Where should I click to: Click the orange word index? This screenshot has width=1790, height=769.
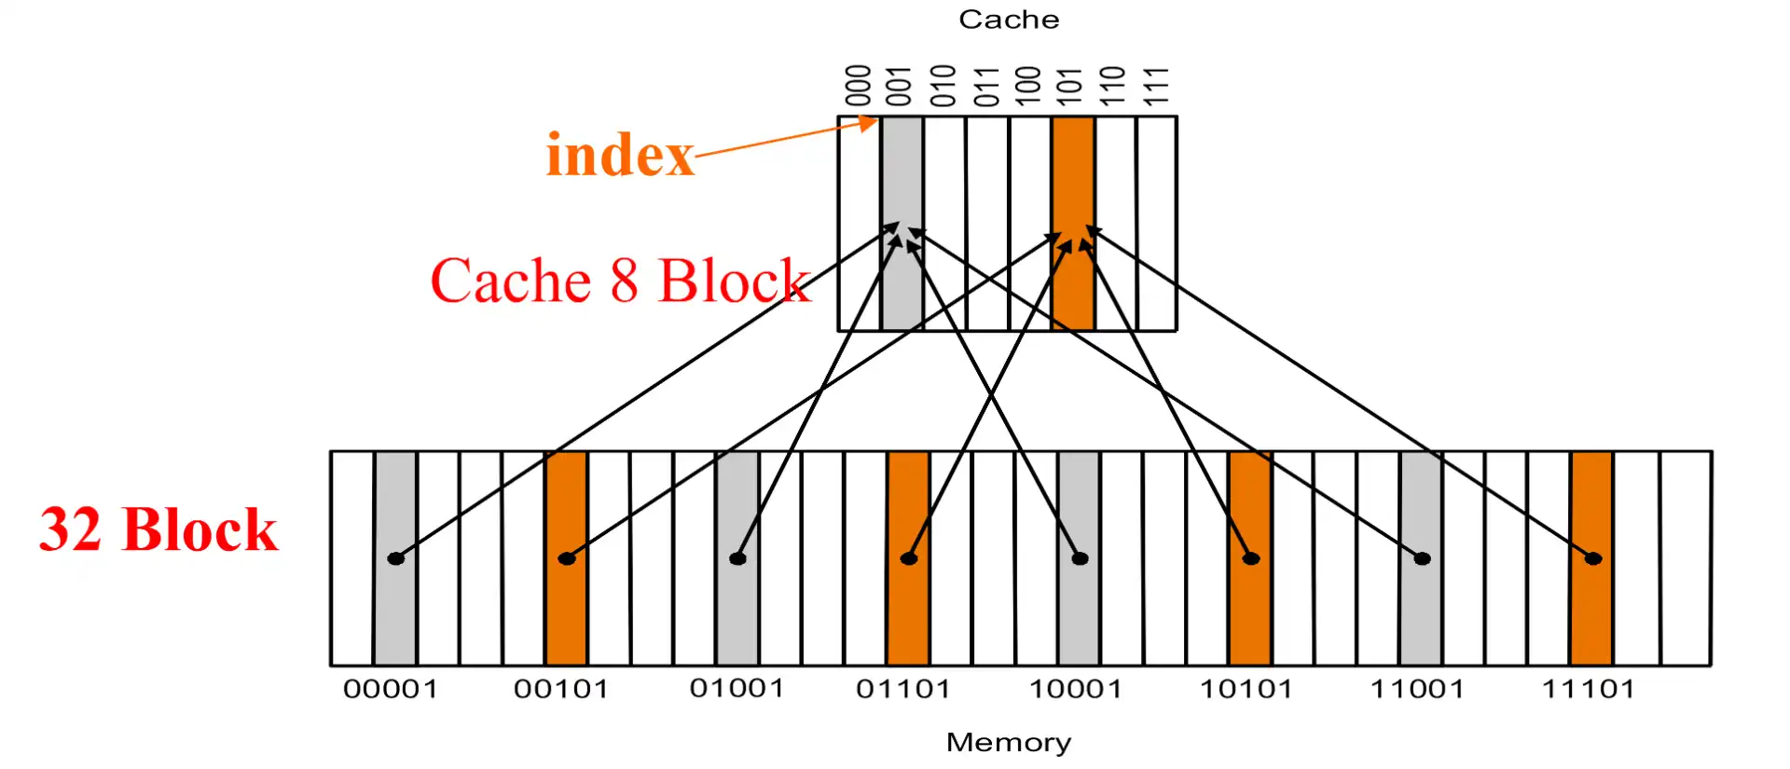coord(620,155)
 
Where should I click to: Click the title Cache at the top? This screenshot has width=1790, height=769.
coord(1009,20)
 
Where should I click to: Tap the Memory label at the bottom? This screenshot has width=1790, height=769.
coord(1009,742)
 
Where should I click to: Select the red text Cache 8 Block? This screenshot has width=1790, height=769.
coord(620,280)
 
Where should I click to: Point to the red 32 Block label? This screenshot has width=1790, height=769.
coord(158,529)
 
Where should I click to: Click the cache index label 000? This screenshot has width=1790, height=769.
coord(858,86)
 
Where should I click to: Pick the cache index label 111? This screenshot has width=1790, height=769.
coord(1156,86)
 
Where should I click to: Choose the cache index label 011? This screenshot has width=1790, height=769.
coord(986,86)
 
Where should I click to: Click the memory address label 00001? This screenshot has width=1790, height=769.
coord(391,689)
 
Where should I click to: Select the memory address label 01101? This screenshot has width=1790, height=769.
coord(903,689)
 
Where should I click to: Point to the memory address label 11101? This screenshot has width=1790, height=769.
coord(1588,689)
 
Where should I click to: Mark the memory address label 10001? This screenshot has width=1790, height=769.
coord(1075,689)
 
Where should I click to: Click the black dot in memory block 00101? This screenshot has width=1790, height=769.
coord(567,558)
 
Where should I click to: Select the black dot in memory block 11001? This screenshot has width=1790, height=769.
coord(1422,558)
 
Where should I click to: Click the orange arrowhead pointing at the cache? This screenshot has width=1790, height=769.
coord(869,122)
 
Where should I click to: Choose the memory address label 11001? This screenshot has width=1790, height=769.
coord(1417,689)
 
